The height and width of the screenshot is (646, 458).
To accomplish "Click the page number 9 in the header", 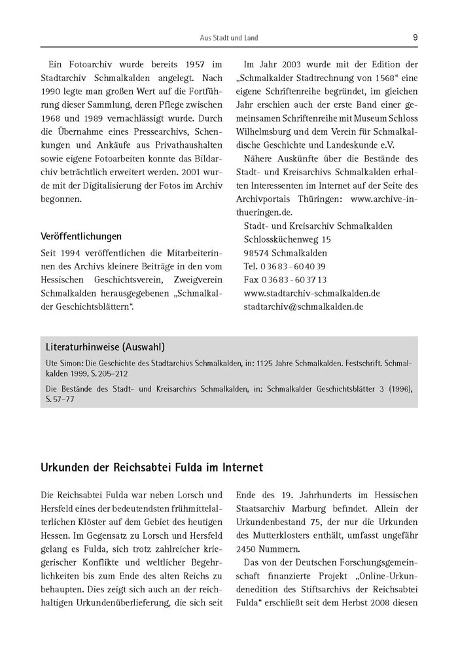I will pos(415,37).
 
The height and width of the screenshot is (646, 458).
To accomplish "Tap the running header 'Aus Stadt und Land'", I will pos(229,38).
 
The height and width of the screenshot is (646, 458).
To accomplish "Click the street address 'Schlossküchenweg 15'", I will pos(287,239).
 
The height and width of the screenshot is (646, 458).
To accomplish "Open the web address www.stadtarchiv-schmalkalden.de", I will pos(311,293).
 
